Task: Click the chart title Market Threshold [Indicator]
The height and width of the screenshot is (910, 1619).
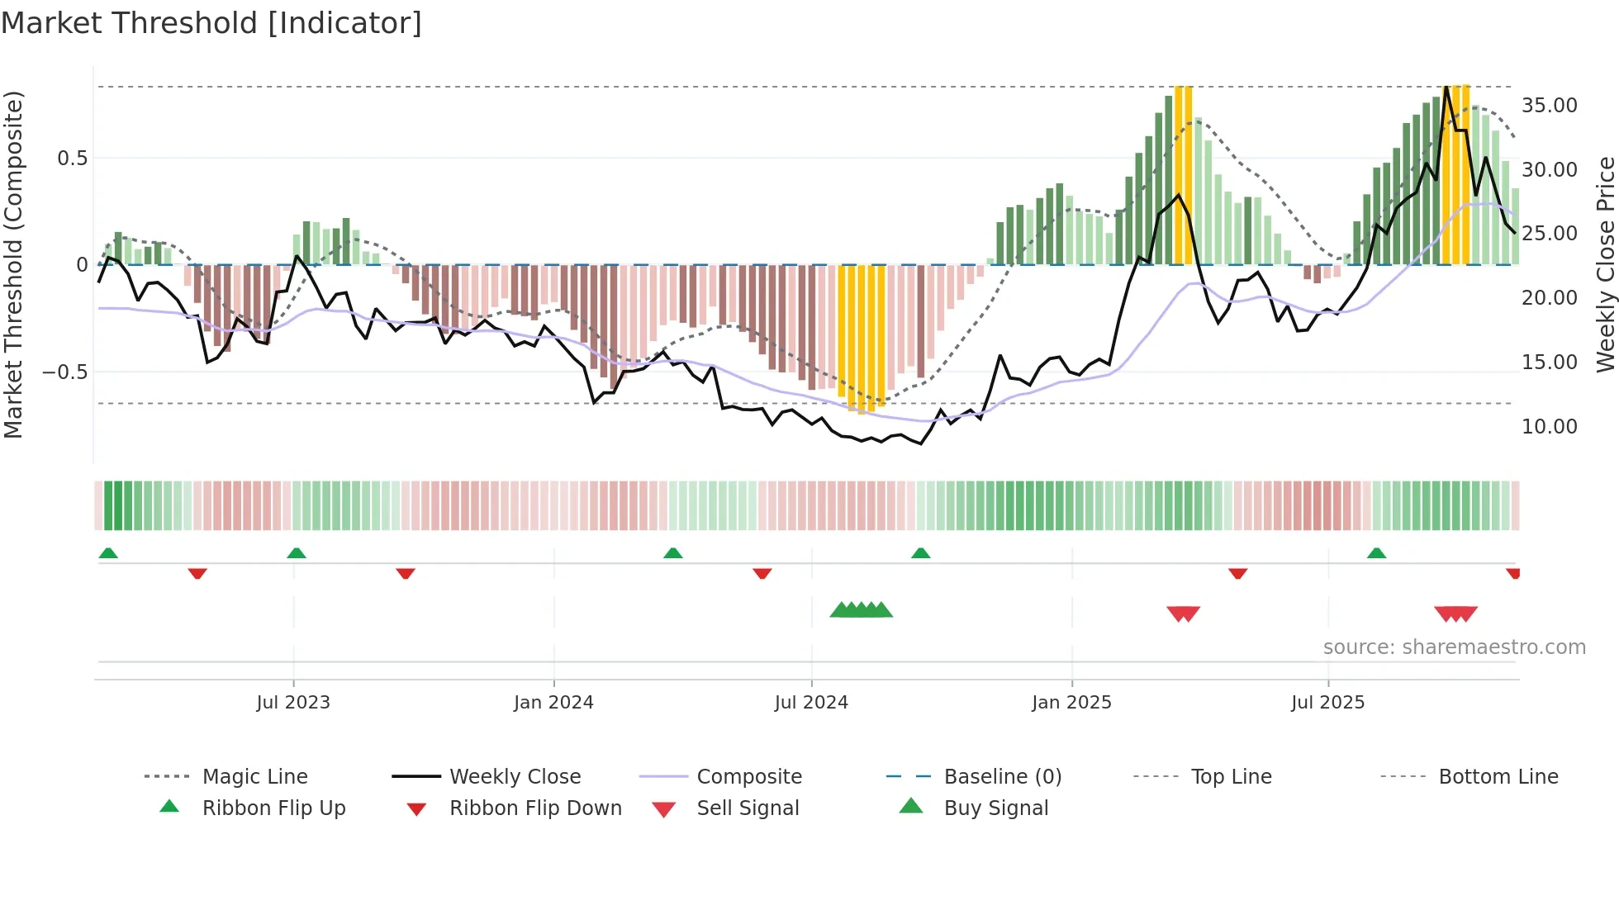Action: click(211, 23)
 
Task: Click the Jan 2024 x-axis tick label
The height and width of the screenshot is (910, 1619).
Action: click(553, 703)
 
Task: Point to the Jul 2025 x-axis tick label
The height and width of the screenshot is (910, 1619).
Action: click(1327, 703)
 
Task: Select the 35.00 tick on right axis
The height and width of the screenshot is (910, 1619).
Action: click(1549, 106)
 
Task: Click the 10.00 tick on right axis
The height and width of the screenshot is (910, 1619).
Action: click(1549, 427)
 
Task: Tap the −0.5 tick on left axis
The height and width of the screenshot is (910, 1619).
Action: click(64, 372)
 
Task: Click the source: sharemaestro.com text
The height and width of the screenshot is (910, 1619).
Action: click(1454, 647)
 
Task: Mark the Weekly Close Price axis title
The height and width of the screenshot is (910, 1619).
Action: click(1605, 264)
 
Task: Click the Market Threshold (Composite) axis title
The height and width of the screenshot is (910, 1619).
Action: click(13, 264)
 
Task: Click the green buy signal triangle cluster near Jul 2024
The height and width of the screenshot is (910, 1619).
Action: click(862, 610)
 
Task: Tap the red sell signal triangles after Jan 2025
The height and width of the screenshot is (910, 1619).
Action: click(1183, 614)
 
